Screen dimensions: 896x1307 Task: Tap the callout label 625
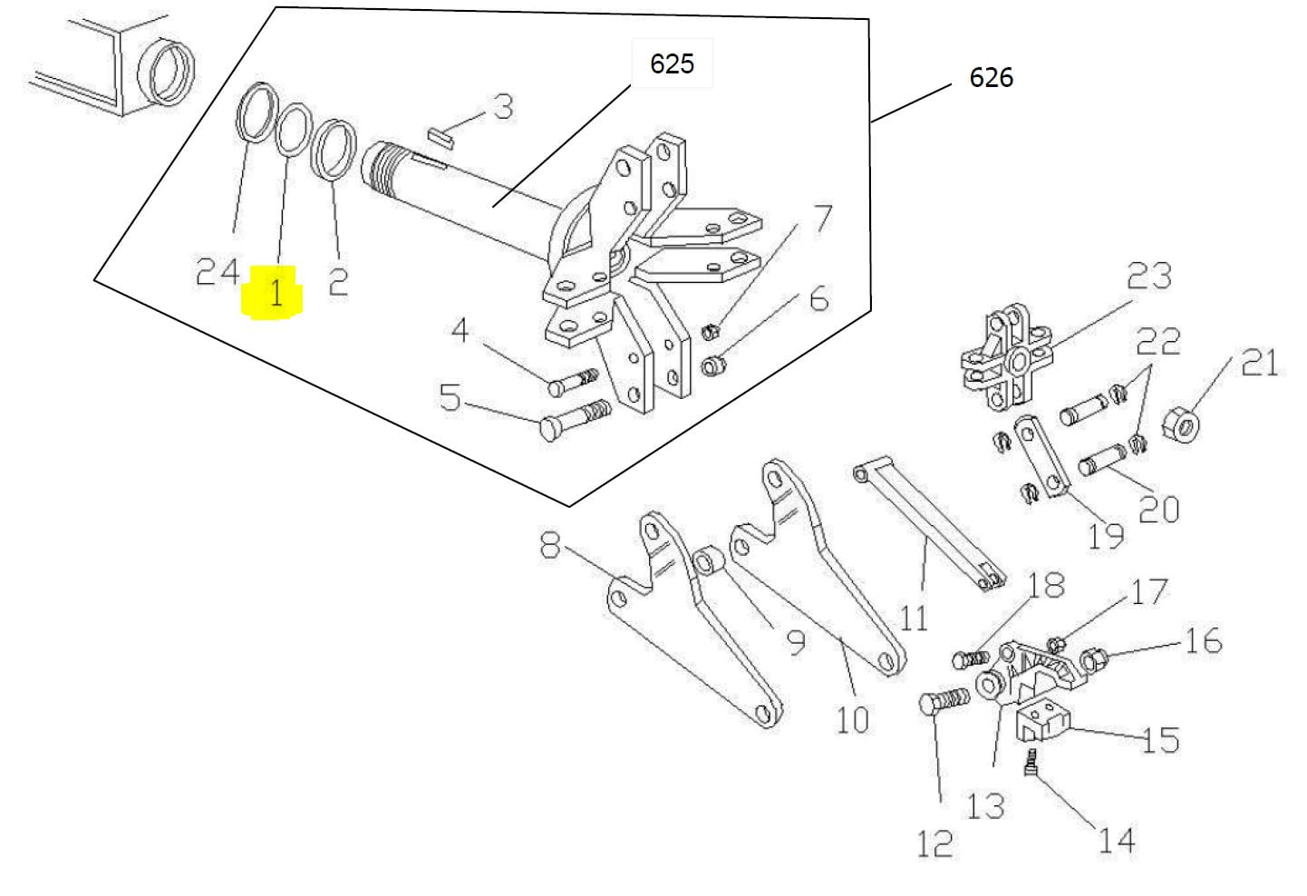[x=672, y=63]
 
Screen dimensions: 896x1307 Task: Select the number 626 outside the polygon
[x=991, y=78]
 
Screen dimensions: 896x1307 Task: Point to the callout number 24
[x=218, y=271]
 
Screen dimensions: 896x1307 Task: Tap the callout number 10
[x=851, y=720]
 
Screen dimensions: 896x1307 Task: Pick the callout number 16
[x=1203, y=641]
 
